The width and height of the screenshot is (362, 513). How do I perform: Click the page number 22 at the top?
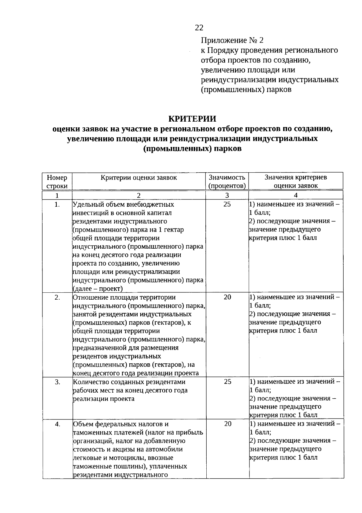click(199, 28)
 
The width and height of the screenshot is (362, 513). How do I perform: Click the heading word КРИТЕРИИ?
click(192, 119)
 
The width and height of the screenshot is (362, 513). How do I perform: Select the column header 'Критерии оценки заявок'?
click(139, 177)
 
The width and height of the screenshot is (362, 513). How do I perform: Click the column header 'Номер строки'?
click(57, 182)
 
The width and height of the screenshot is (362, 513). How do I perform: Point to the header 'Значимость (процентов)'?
click(227, 182)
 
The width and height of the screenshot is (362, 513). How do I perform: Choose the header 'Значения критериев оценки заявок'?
click(296, 182)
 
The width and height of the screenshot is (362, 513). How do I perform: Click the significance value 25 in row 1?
click(227, 204)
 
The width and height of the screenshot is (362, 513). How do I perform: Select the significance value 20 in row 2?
click(227, 297)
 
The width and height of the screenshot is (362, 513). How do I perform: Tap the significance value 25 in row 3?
click(227, 382)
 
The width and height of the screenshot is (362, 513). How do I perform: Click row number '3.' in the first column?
click(57, 382)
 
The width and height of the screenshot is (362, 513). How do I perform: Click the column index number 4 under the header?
click(296, 195)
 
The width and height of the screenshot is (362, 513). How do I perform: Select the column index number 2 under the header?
click(139, 195)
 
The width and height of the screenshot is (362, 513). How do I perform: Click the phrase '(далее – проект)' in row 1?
click(98, 289)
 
